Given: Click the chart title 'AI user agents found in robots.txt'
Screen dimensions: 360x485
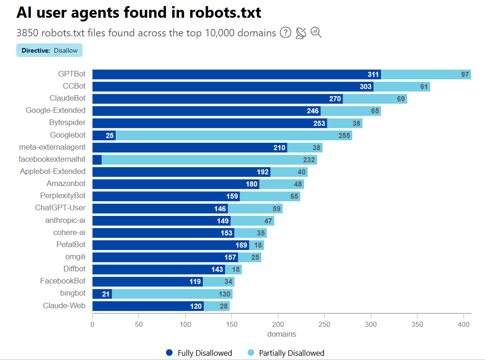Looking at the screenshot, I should pyautogui.click(x=139, y=13).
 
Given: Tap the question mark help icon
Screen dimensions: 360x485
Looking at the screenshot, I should pyautogui.click(x=285, y=33).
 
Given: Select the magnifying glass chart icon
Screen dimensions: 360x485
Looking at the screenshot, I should pyautogui.click(x=316, y=33).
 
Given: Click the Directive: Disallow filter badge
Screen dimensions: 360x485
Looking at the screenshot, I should pyautogui.click(x=49, y=50).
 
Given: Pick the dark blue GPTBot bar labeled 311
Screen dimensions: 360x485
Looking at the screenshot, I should pyautogui.click(x=236, y=75).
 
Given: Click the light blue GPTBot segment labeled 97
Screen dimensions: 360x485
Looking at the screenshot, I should pyautogui.click(x=426, y=75).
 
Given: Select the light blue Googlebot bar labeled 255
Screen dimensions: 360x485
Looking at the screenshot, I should pyautogui.click(x=234, y=135).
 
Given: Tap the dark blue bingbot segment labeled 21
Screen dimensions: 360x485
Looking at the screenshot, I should pyautogui.click(x=102, y=294).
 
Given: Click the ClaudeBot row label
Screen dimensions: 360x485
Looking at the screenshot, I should pyautogui.click(x=68, y=98).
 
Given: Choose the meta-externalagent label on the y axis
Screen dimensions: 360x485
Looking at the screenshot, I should pyautogui.click(x=52, y=147).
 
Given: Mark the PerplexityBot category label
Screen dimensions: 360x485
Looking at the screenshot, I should pyautogui.click(x=63, y=195).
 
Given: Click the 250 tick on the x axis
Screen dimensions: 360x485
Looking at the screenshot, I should pyautogui.click(x=325, y=324).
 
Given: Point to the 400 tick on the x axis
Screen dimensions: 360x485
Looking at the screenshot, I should pyautogui.click(x=464, y=324).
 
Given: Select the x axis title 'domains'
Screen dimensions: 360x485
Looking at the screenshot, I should pyautogui.click(x=282, y=334).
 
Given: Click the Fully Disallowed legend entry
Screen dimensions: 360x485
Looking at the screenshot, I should pyautogui.click(x=199, y=353).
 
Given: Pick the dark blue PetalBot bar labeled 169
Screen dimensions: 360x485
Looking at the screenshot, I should pyautogui.click(x=171, y=244).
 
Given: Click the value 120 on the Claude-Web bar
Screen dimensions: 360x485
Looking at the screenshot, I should pyautogui.click(x=196, y=306).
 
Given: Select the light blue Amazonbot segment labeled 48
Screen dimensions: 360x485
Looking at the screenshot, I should pyautogui.click(x=282, y=184).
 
